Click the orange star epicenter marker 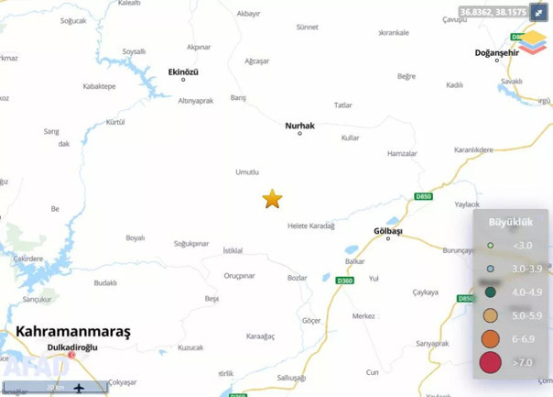coord(272,199)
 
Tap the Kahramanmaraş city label coord(73,332)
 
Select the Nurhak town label coord(300,126)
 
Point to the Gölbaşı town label coord(388,231)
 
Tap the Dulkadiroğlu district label coord(73,347)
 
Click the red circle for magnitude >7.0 coord(491,363)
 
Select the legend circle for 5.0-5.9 coord(491,315)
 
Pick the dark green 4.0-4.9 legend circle coord(491,292)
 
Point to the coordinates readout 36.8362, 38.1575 coord(493,12)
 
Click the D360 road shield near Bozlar coord(344,280)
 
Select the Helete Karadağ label coord(311,226)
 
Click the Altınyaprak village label coord(196,100)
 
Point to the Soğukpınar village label coord(192,244)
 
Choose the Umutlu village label coord(247,172)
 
